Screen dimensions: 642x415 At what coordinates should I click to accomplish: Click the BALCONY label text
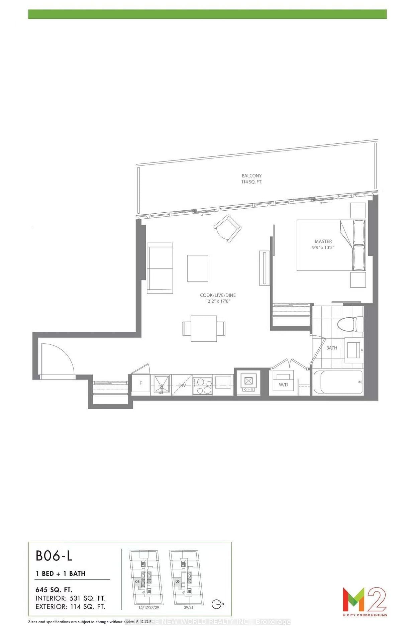click(251, 176)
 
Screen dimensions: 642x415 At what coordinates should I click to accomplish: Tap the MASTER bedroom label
click(323, 241)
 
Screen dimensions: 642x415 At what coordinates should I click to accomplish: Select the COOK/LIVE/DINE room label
click(218, 295)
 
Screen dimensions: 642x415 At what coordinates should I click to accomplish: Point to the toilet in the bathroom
click(349, 324)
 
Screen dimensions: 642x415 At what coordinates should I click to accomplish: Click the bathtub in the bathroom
click(337, 382)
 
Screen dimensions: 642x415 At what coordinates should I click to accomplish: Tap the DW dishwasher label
click(182, 385)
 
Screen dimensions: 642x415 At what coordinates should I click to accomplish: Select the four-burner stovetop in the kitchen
click(202, 385)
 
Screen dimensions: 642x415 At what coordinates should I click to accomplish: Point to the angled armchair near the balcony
click(227, 228)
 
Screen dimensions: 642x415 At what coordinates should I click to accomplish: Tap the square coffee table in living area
click(197, 268)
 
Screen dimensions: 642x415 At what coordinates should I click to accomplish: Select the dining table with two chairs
click(204, 328)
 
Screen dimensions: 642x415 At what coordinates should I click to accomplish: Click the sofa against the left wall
click(160, 268)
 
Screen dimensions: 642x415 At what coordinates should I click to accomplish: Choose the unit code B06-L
click(54, 556)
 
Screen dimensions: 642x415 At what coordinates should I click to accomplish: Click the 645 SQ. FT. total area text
click(54, 590)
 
